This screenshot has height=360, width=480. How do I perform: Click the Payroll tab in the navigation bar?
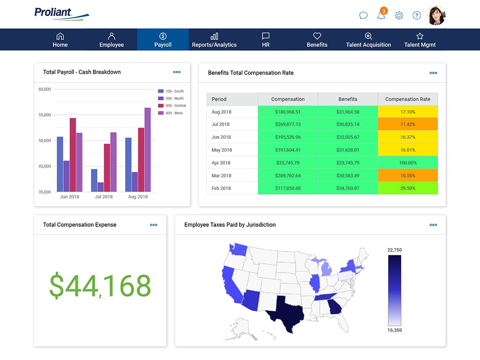click(x=163, y=40)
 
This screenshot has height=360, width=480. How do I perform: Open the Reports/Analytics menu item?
click(x=214, y=40)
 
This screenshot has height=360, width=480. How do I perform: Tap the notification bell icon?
click(x=381, y=15)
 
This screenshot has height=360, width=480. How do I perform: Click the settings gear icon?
click(x=399, y=15)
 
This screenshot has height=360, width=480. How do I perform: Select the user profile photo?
click(x=436, y=15)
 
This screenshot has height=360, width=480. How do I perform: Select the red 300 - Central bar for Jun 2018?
click(x=73, y=154)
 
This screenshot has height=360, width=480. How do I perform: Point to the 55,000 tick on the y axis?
click(x=45, y=115)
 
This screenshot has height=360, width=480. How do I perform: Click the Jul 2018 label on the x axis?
click(x=104, y=197)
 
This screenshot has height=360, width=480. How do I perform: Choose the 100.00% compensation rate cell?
click(x=408, y=163)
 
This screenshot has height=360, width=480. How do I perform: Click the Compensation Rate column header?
click(x=408, y=99)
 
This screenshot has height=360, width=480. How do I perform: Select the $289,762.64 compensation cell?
click(x=288, y=175)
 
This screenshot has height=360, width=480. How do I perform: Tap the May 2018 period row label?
click(x=222, y=150)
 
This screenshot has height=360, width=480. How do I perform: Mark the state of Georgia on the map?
click(x=334, y=307)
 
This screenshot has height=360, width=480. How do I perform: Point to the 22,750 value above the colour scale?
click(x=394, y=250)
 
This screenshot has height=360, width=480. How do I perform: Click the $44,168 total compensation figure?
click(x=100, y=286)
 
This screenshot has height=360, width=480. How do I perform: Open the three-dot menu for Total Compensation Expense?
click(x=154, y=225)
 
